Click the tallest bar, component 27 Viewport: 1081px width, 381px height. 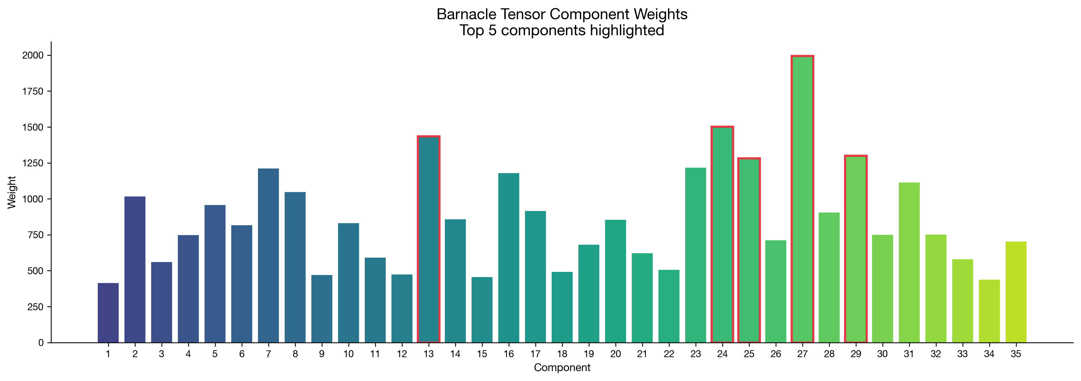click(x=802, y=199)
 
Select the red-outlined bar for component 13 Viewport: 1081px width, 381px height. click(x=429, y=239)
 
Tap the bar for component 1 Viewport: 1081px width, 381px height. click(x=108, y=313)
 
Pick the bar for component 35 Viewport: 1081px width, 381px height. click(x=1016, y=292)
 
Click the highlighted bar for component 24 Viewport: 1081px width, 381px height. click(x=722, y=234)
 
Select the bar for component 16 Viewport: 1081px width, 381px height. click(x=509, y=258)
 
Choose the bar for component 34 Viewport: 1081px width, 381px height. click(x=989, y=311)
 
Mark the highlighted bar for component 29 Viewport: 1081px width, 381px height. click(x=856, y=249)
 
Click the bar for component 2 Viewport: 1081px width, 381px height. click(x=135, y=269)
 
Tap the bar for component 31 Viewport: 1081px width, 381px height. click(x=909, y=263)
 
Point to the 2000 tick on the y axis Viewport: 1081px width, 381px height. click(x=49, y=55)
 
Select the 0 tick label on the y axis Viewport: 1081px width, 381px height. click(x=41, y=343)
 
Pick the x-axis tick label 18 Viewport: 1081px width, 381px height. click(x=562, y=354)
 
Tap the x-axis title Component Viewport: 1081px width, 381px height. click(x=562, y=368)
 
